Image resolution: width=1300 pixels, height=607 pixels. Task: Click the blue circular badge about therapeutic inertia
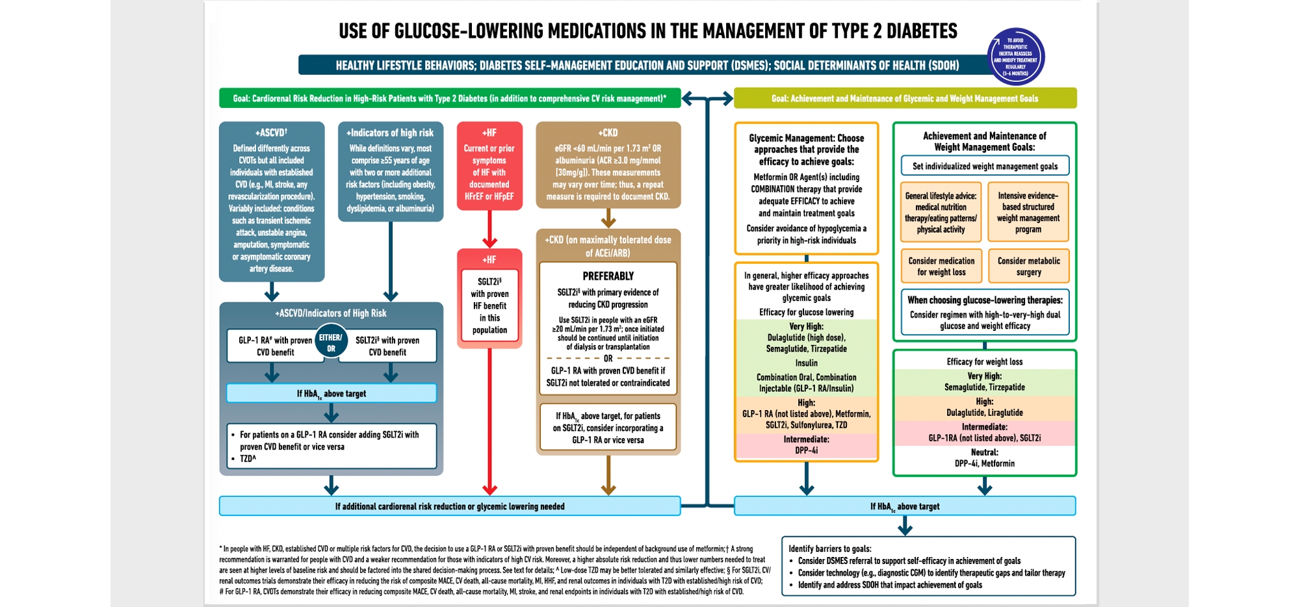click(1015, 57)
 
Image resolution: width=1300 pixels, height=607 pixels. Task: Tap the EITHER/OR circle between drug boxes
click(331, 342)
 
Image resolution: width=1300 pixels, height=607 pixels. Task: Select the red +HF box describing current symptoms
click(489, 166)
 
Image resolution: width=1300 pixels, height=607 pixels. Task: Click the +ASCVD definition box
click(272, 201)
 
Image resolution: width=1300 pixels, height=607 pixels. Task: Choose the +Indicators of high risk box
click(390, 172)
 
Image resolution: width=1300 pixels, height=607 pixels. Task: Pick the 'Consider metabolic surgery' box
click(1028, 266)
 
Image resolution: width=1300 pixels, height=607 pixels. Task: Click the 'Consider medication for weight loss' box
click(941, 266)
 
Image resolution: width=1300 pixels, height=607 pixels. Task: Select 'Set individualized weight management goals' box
click(985, 166)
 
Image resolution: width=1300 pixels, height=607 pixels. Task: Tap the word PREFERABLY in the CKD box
click(608, 276)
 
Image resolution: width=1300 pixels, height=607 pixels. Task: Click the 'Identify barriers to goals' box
click(928, 566)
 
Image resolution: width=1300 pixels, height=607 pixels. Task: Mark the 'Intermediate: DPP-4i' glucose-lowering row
click(806, 445)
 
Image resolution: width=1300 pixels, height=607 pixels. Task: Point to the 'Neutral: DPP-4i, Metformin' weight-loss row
click(984, 458)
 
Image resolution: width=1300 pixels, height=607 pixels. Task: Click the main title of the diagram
click(647, 31)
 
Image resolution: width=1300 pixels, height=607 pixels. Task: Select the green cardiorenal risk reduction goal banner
click(450, 99)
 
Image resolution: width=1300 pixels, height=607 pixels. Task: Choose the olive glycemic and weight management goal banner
click(905, 99)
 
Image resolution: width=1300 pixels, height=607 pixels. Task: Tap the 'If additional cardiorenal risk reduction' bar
click(450, 506)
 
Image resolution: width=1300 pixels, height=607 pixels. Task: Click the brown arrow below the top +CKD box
click(608, 218)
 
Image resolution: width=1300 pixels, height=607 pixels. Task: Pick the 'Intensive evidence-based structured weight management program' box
click(1028, 213)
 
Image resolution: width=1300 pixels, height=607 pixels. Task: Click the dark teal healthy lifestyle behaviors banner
click(646, 65)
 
